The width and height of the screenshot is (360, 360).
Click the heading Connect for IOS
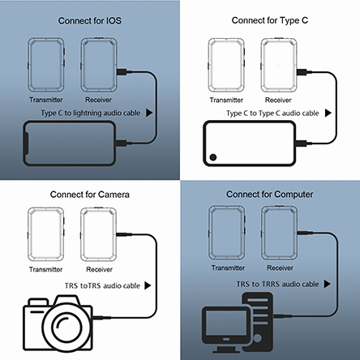pos(90,21)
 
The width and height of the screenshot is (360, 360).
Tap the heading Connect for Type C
pos(270,20)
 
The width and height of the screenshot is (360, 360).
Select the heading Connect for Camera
pos(90,195)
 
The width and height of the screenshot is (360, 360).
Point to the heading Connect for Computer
pos(270,195)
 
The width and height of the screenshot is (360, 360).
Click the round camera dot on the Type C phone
pos(213,157)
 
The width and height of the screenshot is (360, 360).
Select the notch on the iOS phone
pos(26,144)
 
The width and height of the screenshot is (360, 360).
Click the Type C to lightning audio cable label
pos(91,113)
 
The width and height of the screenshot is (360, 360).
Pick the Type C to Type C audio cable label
pos(272,114)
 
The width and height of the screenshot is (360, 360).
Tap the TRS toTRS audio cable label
pos(102,285)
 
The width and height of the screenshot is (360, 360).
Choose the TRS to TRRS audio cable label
pos(277,284)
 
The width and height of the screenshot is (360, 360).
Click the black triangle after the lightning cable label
pos(149,113)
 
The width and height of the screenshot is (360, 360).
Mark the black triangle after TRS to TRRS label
pos(327,284)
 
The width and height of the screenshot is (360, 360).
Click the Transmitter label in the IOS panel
pos(46,100)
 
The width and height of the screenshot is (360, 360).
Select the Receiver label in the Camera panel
pos(99,269)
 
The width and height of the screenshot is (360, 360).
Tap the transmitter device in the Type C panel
pos(226,65)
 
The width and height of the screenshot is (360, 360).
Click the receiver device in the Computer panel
pos(280,233)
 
